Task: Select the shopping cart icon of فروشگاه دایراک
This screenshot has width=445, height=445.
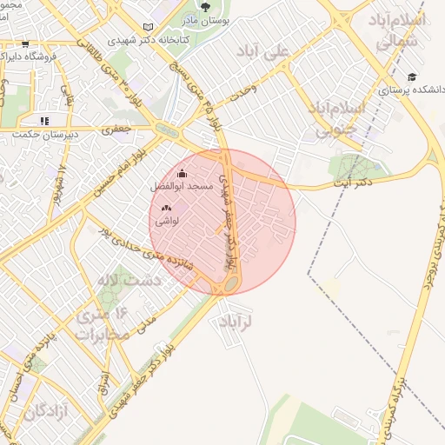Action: click(x=24, y=43)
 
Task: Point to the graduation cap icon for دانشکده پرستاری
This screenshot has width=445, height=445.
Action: click(x=412, y=76)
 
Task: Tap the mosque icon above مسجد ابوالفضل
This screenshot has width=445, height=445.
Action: click(x=181, y=173)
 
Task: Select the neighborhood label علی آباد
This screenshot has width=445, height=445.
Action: click(x=267, y=52)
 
